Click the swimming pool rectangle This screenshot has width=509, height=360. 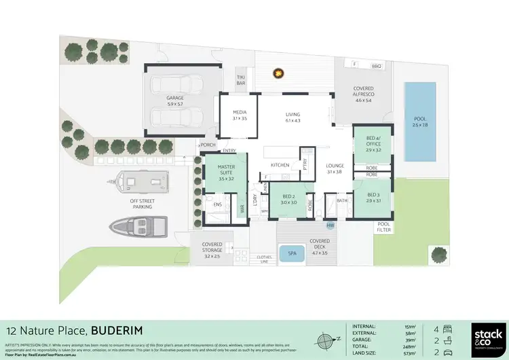(420, 122)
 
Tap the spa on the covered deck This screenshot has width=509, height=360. (293, 253)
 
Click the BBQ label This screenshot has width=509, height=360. (377, 66)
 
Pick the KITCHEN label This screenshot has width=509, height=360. (280, 165)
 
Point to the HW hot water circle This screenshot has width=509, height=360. (331, 226)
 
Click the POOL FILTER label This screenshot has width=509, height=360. (384, 227)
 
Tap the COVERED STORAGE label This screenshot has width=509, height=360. (213, 249)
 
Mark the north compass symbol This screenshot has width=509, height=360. (325, 339)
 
